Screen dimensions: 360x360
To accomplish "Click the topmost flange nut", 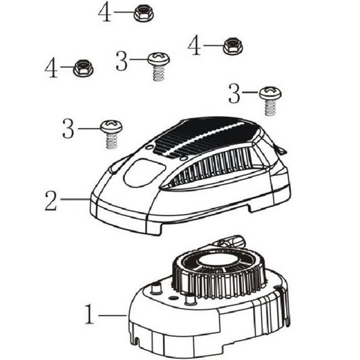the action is (x=143, y=14).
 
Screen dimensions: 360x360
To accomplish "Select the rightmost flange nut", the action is (x=233, y=46).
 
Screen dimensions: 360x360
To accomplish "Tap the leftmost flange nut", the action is (x=83, y=68).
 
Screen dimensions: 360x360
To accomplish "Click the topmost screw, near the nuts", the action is (x=159, y=67).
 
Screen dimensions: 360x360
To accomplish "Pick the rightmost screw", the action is (x=270, y=101).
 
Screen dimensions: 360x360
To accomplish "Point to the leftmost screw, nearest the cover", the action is (x=111, y=134).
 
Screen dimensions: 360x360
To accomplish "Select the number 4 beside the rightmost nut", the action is (x=194, y=46).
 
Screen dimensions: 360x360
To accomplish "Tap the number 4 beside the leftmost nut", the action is (x=51, y=68).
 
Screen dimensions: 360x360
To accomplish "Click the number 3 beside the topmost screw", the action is (x=122, y=61).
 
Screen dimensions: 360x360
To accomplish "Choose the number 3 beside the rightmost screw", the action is (x=234, y=94).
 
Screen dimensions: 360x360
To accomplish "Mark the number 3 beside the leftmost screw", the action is (x=68, y=128).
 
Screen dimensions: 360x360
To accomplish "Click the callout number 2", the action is (x=51, y=200).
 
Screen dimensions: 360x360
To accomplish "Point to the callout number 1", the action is (x=90, y=314).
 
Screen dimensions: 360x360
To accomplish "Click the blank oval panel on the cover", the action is (x=144, y=173).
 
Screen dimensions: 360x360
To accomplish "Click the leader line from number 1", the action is (x=113, y=315).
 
